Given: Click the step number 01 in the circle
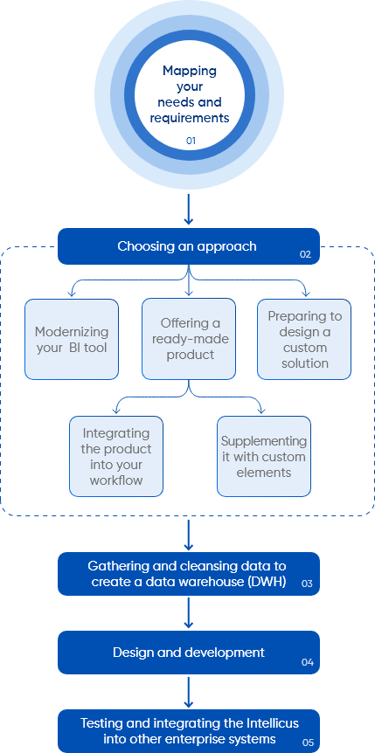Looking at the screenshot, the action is coord(191,142).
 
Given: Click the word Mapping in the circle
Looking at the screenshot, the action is coord(190,71).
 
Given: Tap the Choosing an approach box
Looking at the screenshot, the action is coord(189,246).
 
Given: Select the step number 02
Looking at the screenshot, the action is coord(305,254).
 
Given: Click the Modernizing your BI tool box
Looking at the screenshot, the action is coord(72,339).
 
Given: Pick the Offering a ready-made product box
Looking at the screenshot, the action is coord(189,339).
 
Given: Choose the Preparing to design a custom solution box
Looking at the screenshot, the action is coord(304,339).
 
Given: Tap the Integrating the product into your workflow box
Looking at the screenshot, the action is coord(116,456).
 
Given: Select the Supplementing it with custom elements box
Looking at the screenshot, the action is coord(264,456).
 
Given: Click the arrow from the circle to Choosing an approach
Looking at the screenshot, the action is coord(189,209).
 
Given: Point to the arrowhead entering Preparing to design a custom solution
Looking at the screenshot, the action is coord(291,293).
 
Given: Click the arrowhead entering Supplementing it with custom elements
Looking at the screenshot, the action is coord(261,410).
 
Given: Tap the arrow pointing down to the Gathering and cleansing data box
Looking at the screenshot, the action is coord(189,535).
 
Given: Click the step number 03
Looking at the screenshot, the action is coord(307,584).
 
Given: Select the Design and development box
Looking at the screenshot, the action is coord(189,653).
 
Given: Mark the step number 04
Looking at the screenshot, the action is coord(307,663).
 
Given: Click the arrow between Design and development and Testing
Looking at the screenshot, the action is coord(189,692).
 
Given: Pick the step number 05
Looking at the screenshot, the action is coord(309,743).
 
